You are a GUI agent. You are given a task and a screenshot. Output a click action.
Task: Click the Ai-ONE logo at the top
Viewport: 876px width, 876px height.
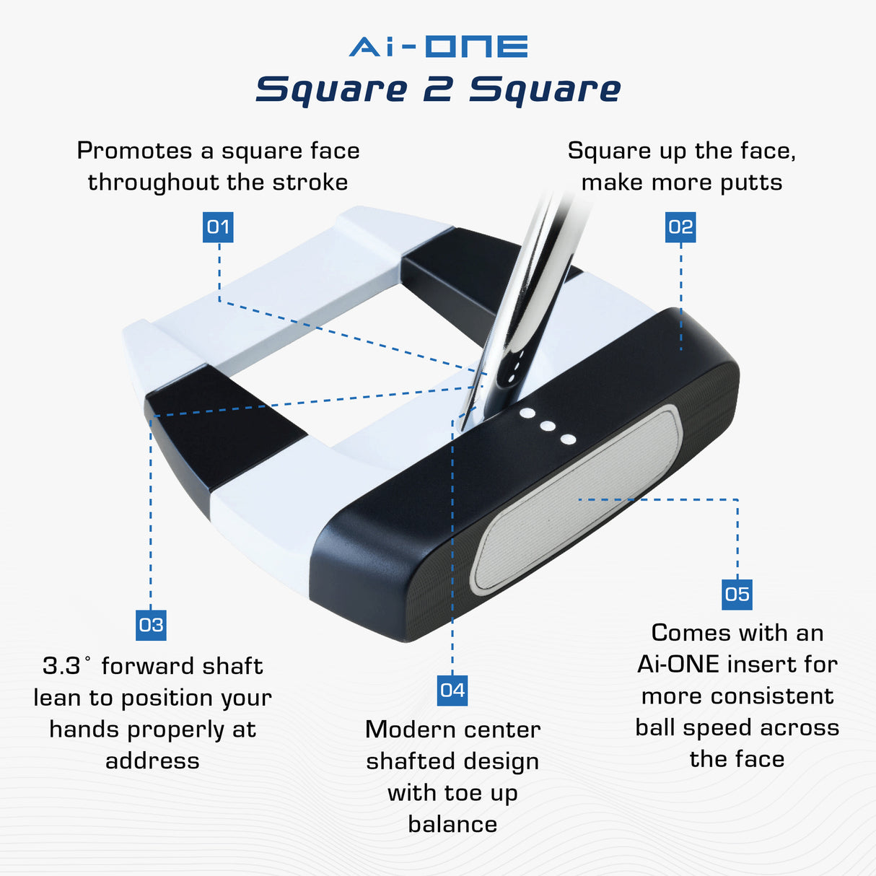coord(438,47)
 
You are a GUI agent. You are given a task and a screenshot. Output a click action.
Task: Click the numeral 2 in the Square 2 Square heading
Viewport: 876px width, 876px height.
coord(438,90)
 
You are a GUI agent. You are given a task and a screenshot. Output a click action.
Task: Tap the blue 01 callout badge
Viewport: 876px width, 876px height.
coord(218,227)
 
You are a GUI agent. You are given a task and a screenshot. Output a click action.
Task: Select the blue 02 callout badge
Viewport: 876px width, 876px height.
coord(680,227)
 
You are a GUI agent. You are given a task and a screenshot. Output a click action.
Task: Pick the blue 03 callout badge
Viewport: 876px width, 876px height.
coord(151,625)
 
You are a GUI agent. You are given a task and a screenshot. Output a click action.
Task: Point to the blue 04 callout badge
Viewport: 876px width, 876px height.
coord(452,691)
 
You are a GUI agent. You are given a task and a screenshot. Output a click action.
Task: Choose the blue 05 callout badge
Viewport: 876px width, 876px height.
coord(737,595)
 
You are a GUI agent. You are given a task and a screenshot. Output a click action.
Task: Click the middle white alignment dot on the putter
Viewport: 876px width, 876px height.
coord(548,426)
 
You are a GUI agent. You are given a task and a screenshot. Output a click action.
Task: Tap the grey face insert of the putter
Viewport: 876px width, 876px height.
coord(577,498)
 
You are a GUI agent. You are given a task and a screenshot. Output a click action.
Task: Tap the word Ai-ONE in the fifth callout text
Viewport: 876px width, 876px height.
coord(678,664)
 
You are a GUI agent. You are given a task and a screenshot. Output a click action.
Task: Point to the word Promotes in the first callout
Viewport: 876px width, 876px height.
coord(135,151)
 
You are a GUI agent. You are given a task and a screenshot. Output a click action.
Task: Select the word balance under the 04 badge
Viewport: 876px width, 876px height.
coord(452,824)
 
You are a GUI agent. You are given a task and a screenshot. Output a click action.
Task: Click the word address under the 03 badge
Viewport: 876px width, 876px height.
coord(152,761)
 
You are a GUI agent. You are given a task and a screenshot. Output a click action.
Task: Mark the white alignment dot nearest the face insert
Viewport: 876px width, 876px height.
coord(568,439)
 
